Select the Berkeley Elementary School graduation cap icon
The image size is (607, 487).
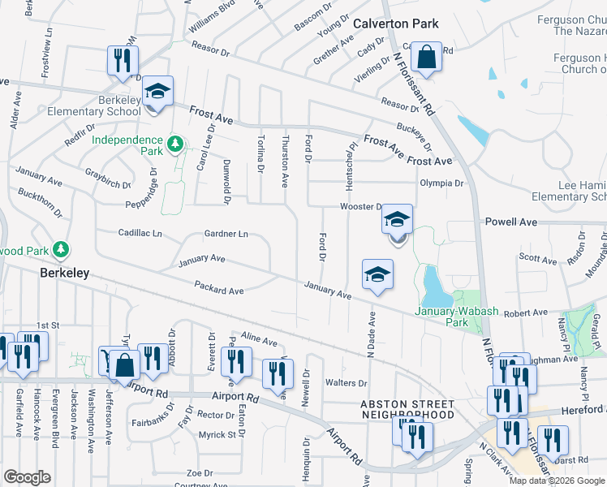click(x=158, y=91)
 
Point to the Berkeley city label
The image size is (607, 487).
click(x=64, y=274)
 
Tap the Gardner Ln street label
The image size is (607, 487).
click(x=226, y=234)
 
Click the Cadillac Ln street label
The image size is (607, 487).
click(x=140, y=233)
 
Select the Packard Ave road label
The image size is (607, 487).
click(x=219, y=287)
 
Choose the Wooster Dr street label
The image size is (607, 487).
click(x=361, y=207)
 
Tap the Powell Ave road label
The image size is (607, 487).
click(x=511, y=221)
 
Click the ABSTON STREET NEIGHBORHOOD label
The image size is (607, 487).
click(x=407, y=409)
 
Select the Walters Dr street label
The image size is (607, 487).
click(x=346, y=382)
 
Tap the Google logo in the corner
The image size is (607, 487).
click(x=27, y=476)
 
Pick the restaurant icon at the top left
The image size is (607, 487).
click(x=123, y=59)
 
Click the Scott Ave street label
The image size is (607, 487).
click(x=538, y=258)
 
